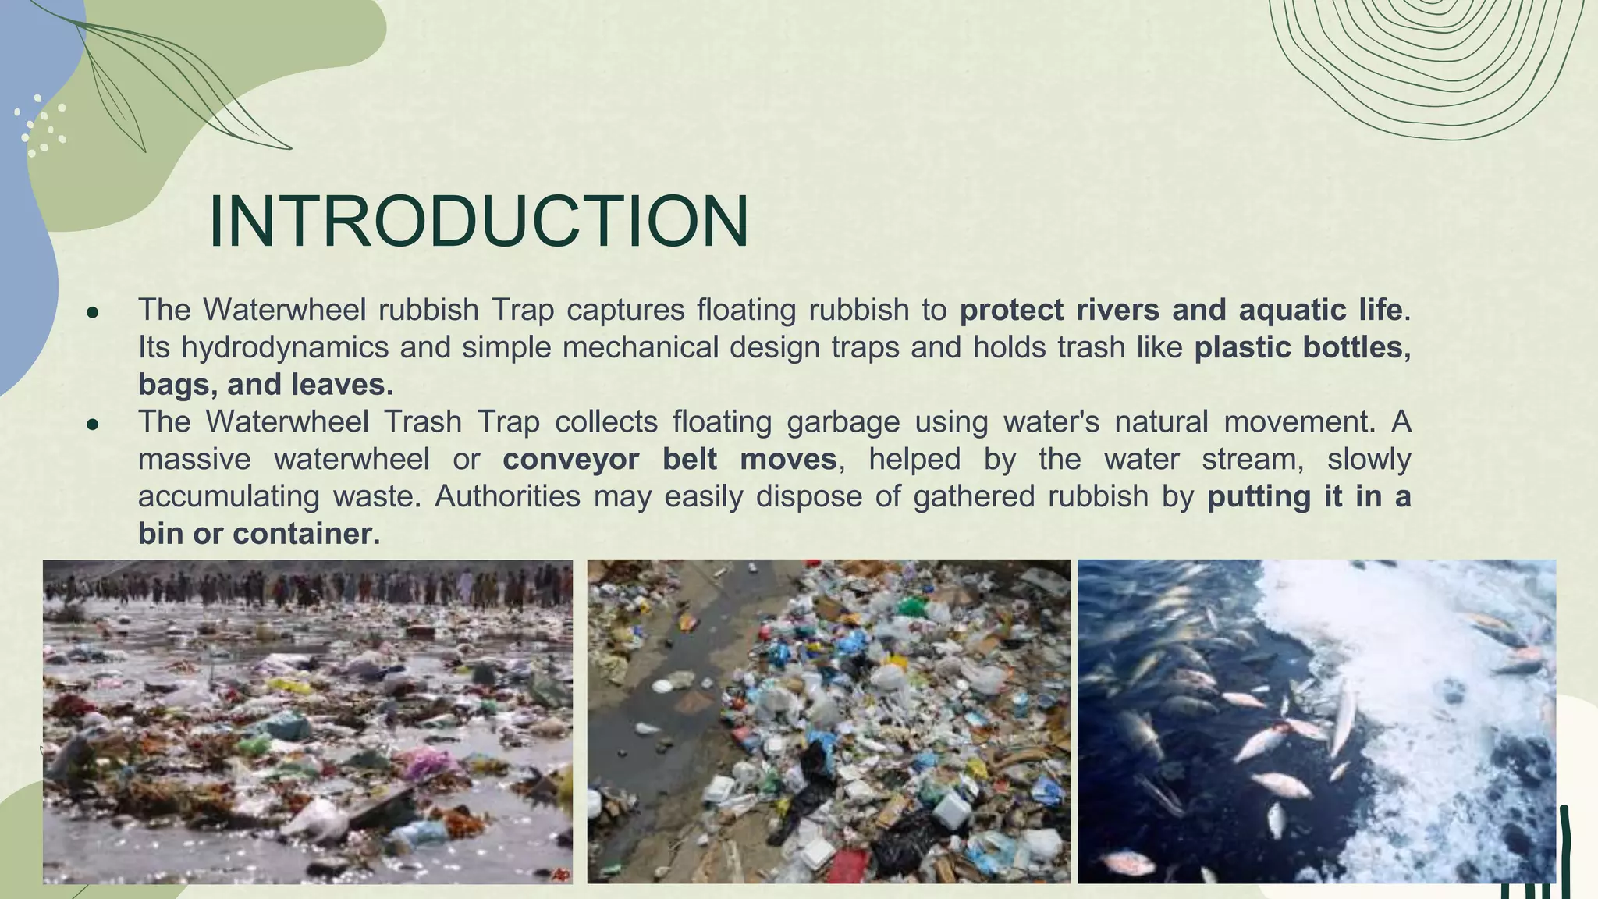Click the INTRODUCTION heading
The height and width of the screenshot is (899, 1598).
(x=478, y=222)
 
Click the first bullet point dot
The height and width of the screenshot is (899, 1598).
(x=93, y=312)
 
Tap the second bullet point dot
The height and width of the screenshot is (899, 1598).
(x=93, y=425)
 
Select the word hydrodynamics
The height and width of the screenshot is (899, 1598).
(x=285, y=347)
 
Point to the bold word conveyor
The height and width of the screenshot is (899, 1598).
(x=571, y=459)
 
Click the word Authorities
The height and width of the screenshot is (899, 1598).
(x=507, y=496)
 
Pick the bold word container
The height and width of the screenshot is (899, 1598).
(x=306, y=534)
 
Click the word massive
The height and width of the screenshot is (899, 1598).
(x=194, y=459)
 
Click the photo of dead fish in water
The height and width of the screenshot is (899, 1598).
(x=1316, y=721)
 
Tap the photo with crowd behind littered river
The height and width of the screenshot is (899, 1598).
(x=307, y=721)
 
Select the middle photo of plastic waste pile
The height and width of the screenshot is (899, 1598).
(x=829, y=721)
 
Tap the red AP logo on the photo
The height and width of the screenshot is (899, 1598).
(x=559, y=875)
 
